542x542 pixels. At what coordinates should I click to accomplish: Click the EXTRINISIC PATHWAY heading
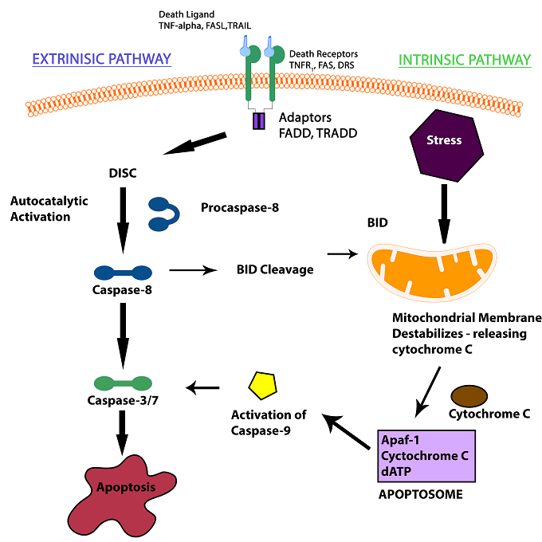click(101, 59)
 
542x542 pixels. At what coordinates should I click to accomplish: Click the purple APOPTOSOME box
click(426, 455)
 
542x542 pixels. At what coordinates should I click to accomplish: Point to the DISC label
click(124, 171)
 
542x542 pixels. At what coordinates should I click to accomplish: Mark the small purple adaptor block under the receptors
click(259, 121)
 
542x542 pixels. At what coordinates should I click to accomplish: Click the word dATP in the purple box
click(398, 470)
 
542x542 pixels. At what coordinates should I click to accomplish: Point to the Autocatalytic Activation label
click(41, 209)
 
